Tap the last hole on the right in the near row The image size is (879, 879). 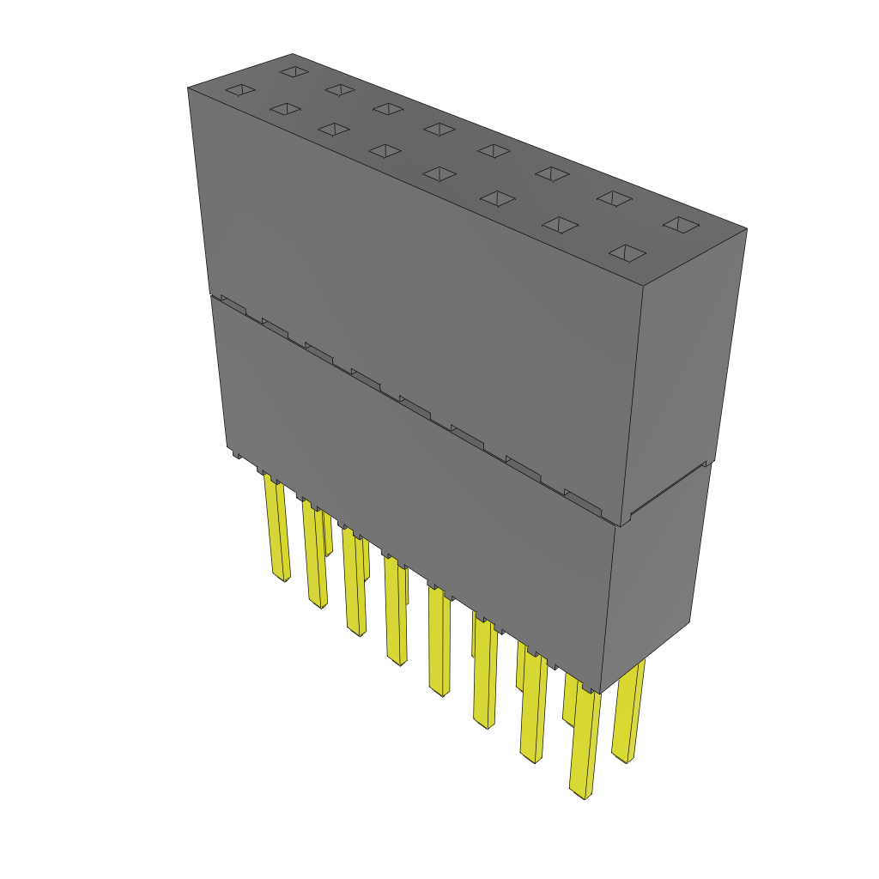pos(627,252)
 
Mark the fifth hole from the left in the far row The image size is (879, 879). pos(494,150)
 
